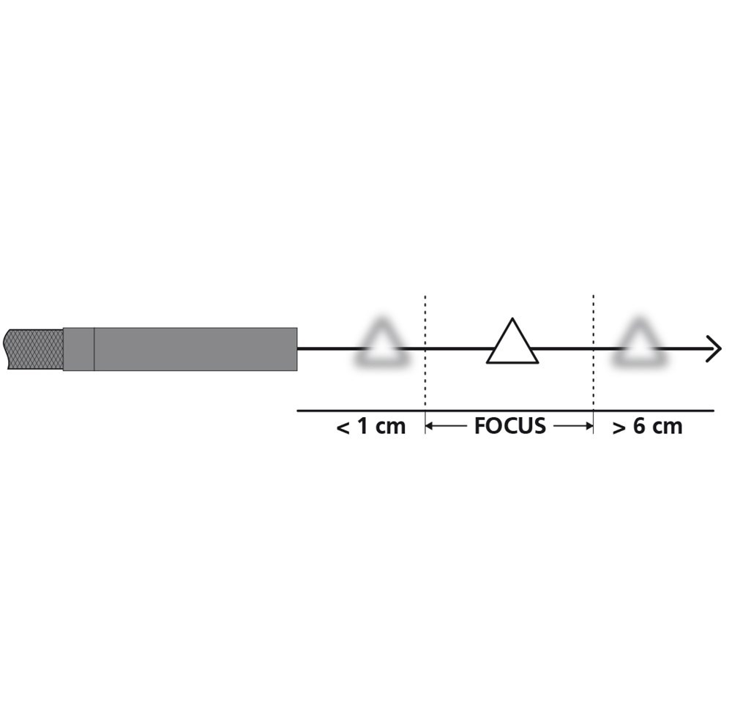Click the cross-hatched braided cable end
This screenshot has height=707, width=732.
pos(34,348)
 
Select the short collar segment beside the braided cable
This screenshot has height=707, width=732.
pos(78,349)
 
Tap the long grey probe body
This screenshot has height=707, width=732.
pos(195,349)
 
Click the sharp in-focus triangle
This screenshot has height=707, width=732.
pos(512,344)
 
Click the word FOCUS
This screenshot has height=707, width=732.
pos(509,427)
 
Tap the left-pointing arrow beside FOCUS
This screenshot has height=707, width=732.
pos(447,427)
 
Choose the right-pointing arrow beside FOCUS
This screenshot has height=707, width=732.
pos(572,427)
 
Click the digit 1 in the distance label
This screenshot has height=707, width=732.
pos(362,427)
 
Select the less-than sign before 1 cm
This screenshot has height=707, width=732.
pos(343,427)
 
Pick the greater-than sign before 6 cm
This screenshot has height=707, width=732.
pos(619,427)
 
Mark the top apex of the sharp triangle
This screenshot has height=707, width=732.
pos(513,320)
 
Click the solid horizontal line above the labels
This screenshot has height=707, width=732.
pos(505,411)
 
